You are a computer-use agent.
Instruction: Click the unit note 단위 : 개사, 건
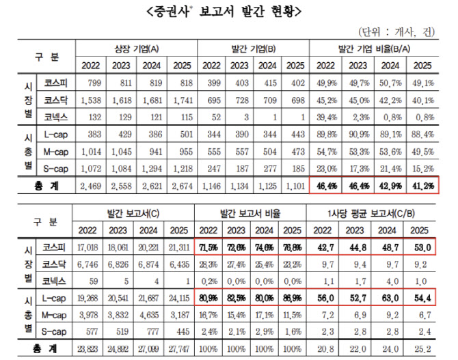[x=402, y=31]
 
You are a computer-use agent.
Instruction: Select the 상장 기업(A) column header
[x=137, y=49]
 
